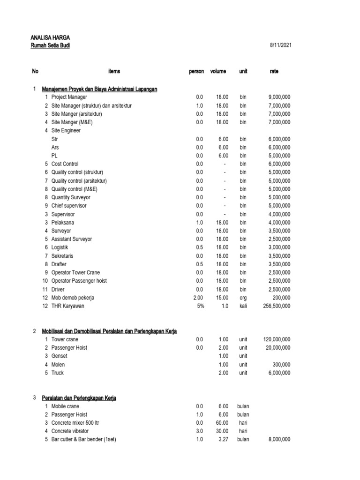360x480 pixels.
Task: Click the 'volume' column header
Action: pyautogui.click(x=218, y=71)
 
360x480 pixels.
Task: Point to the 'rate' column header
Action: pyautogui.click(x=274, y=71)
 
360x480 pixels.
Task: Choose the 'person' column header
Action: pyautogui.click(x=196, y=71)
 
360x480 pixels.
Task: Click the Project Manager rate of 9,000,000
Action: pyautogui.click(x=279, y=97)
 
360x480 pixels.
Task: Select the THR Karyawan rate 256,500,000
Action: pyautogui.click(x=276, y=306)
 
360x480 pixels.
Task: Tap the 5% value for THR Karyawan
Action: pyautogui.click(x=199, y=306)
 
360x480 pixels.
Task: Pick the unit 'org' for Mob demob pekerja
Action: pyautogui.click(x=243, y=298)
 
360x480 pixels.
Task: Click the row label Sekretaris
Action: pyautogui.click(x=62, y=256)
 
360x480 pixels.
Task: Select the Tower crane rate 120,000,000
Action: pyautogui.click(x=276, y=339)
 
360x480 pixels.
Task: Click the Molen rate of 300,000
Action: pyautogui.click(x=281, y=365)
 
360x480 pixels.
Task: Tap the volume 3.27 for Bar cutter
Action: pyautogui.click(x=222, y=440)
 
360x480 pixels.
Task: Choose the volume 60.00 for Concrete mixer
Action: pyautogui.click(x=221, y=423)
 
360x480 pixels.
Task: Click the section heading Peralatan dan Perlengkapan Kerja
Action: pyautogui.click(x=79, y=398)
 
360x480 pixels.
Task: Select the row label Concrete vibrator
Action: pyautogui.click(x=70, y=431)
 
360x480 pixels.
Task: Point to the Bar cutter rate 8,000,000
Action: pyautogui.click(x=279, y=440)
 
